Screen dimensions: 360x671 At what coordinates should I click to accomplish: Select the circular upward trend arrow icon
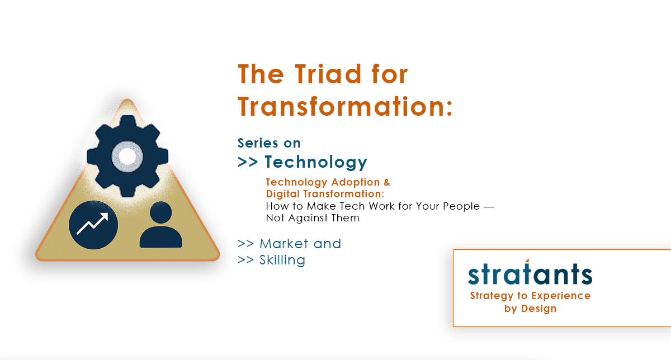pos(93,225)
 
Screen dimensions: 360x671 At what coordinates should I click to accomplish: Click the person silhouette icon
pos(160,226)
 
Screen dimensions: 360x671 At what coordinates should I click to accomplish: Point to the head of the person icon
pos(160,213)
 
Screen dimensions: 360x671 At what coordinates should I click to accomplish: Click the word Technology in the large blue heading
pos(316,162)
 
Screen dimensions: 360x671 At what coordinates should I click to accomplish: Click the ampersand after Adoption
pos(386,182)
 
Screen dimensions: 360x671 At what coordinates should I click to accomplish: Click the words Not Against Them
pos(313,218)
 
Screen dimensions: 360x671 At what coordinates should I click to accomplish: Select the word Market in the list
pos(285,244)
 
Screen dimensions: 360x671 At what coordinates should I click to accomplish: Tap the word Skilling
pos(282,260)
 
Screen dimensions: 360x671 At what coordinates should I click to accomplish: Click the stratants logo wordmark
pos(530,274)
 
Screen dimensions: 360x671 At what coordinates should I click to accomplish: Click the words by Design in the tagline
pos(530,309)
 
